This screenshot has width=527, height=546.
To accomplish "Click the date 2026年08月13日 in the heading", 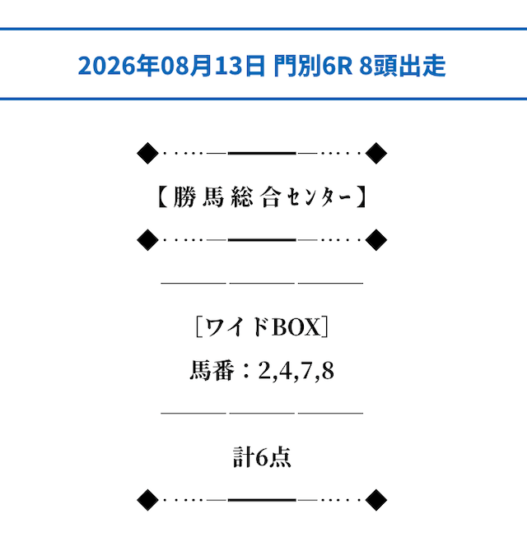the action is tap(171, 66).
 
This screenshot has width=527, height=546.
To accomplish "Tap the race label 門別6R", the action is tap(313, 66).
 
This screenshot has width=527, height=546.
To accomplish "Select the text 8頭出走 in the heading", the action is tap(402, 66).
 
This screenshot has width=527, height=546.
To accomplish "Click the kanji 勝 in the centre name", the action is tap(184, 197).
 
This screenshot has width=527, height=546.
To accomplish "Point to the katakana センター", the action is tap(319, 198).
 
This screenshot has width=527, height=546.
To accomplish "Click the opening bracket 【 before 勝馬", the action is tap(163, 197).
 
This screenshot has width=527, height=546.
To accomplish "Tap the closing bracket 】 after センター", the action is tap(361, 197).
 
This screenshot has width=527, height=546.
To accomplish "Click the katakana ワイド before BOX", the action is tap(236, 326).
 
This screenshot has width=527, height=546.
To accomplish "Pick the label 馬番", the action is tap(212, 370).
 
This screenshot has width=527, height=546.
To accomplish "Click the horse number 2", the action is tap(264, 371).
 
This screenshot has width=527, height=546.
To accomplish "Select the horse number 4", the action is tap(286, 371).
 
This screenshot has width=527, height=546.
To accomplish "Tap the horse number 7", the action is tap(306, 371).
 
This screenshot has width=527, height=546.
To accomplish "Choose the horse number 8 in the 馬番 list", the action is tap(328, 371).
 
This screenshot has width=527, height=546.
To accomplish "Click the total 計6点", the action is tap(262, 457).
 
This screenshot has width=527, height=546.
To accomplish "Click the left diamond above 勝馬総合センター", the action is tap(147, 153).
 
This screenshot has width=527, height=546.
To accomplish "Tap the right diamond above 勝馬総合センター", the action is tap(376, 153).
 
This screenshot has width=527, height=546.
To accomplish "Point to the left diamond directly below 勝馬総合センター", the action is tap(147, 240).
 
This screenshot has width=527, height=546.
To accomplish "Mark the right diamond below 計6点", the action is tap(376, 500).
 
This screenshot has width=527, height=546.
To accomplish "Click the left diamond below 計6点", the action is tap(147, 500).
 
